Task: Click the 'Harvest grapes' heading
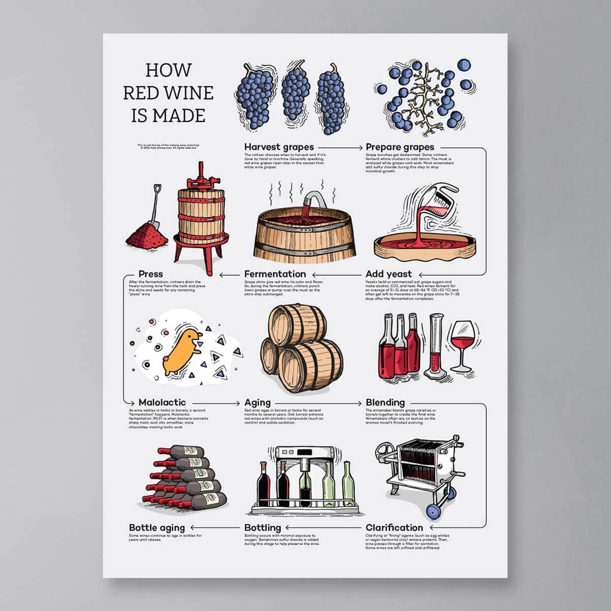(279, 148)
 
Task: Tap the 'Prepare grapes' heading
(400, 148)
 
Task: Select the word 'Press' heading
(151, 274)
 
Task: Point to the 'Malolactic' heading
(162, 402)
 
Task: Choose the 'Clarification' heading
(394, 527)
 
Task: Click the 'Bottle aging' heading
(157, 527)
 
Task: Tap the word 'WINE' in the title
(186, 93)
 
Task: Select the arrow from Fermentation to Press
(230, 274)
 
